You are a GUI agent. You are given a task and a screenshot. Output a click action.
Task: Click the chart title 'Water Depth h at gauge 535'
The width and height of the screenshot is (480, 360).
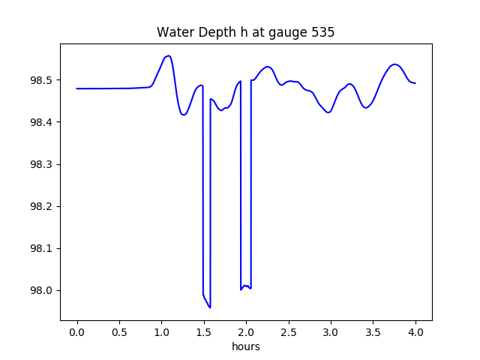click(245, 33)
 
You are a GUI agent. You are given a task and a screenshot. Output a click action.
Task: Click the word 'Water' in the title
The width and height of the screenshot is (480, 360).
click(172, 33)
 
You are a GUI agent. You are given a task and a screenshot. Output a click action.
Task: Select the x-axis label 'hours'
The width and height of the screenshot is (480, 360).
click(245, 346)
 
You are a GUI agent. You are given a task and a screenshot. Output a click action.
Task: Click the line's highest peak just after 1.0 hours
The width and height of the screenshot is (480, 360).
click(169, 55)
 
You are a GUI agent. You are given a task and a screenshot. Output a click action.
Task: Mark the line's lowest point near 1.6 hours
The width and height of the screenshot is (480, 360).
click(210, 307)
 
